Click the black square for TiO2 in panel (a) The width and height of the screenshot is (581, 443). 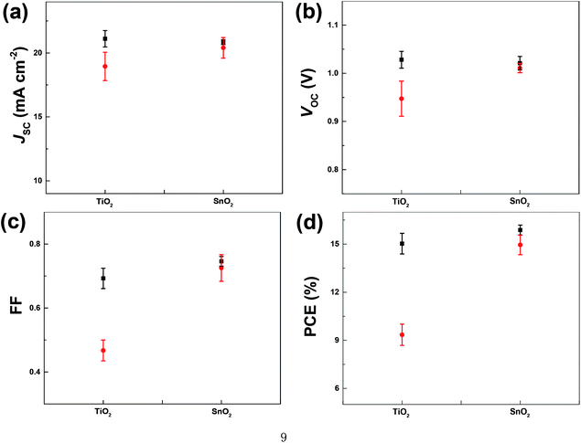[x=105, y=38]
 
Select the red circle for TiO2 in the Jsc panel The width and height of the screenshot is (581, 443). [x=105, y=66]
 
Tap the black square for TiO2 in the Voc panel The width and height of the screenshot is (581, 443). [x=401, y=59]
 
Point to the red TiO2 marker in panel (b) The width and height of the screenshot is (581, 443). [x=401, y=99]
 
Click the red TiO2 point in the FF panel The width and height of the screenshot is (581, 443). [x=103, y=350]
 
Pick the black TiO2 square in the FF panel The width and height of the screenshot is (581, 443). [x=103, y=278]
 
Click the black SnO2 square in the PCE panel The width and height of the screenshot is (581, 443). [x=520, y=230]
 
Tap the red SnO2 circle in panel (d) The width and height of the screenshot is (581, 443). [x=520, y=245]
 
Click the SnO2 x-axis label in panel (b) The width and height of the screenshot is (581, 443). [x=520, y=199]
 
